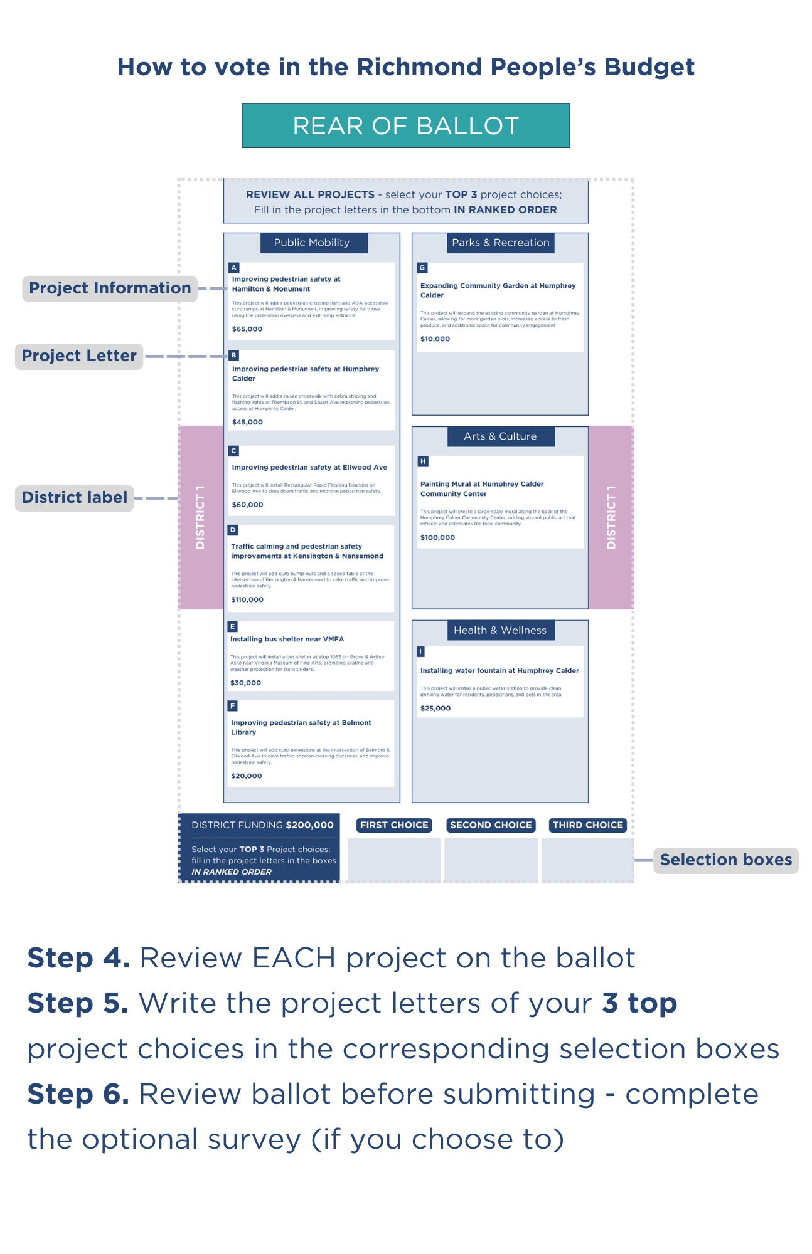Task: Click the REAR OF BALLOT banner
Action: (x=405, y=125)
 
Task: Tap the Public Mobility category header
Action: (x=312, y=243)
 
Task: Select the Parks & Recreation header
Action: (x=500, y=243)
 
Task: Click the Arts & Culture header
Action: (x=500, y=436)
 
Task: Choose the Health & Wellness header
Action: (x=500, y=630)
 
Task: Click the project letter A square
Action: (x=234, y=268)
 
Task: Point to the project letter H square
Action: (x=423, y=461)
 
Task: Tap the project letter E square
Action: (x=233, y=626)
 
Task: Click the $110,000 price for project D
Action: (x=247, y=599)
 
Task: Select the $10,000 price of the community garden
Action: (x=435, y=339)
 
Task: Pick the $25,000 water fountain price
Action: (x=435, y=708)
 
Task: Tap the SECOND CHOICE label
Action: (x=491, y=825)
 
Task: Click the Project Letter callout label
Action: (x=79, y=356)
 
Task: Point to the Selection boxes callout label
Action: (x=726, y=860)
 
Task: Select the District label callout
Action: (x=75, y=498)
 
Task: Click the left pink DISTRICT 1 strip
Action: (x=201, y=517)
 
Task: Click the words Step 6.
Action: (x=78, y=1094)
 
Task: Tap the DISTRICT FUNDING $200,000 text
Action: (x=262, y=825)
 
